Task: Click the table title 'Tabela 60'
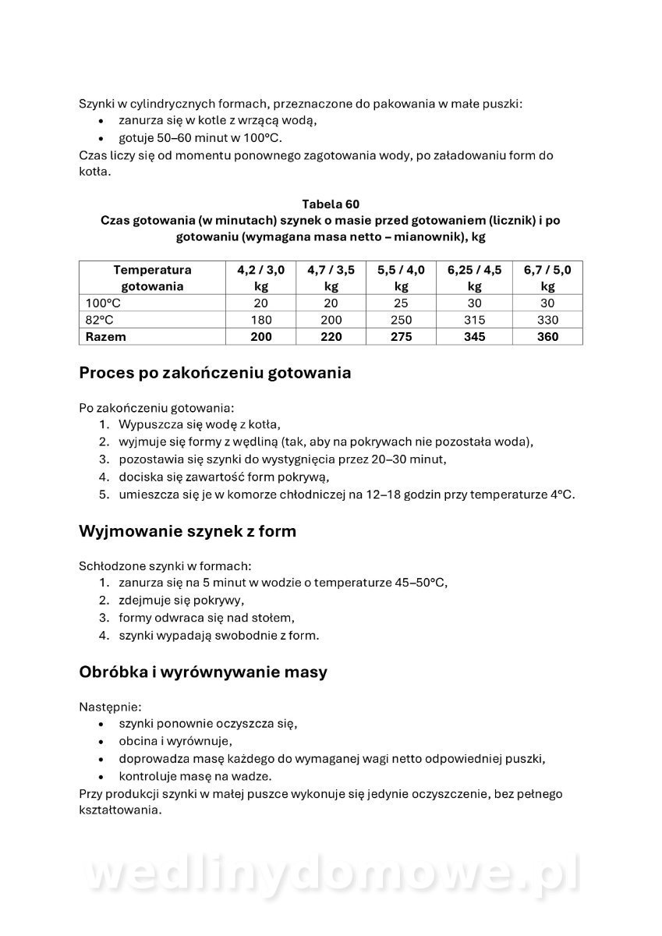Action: click(x=331, y=204)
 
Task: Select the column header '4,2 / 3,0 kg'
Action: click(x=260, y=278)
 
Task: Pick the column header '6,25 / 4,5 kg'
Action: click(x=474, y=278)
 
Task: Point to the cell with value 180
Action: click(x=260, y=320)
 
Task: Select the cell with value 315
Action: click(x=474, y=320)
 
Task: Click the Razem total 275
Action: click(x=401, y=337)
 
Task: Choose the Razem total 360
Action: click(x=547, y=337)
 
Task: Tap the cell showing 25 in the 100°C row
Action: click(x=401, y=303)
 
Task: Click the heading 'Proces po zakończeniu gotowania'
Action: click(x=214, y=373)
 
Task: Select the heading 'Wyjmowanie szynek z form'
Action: click(x=187, y=532)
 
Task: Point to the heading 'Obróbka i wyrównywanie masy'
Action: click(x=203, y=672)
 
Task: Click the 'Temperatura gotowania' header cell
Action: click(x=152, y=278)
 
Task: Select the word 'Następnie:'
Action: click(x=110, y=707)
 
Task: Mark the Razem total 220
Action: click(x=331, y=337)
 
